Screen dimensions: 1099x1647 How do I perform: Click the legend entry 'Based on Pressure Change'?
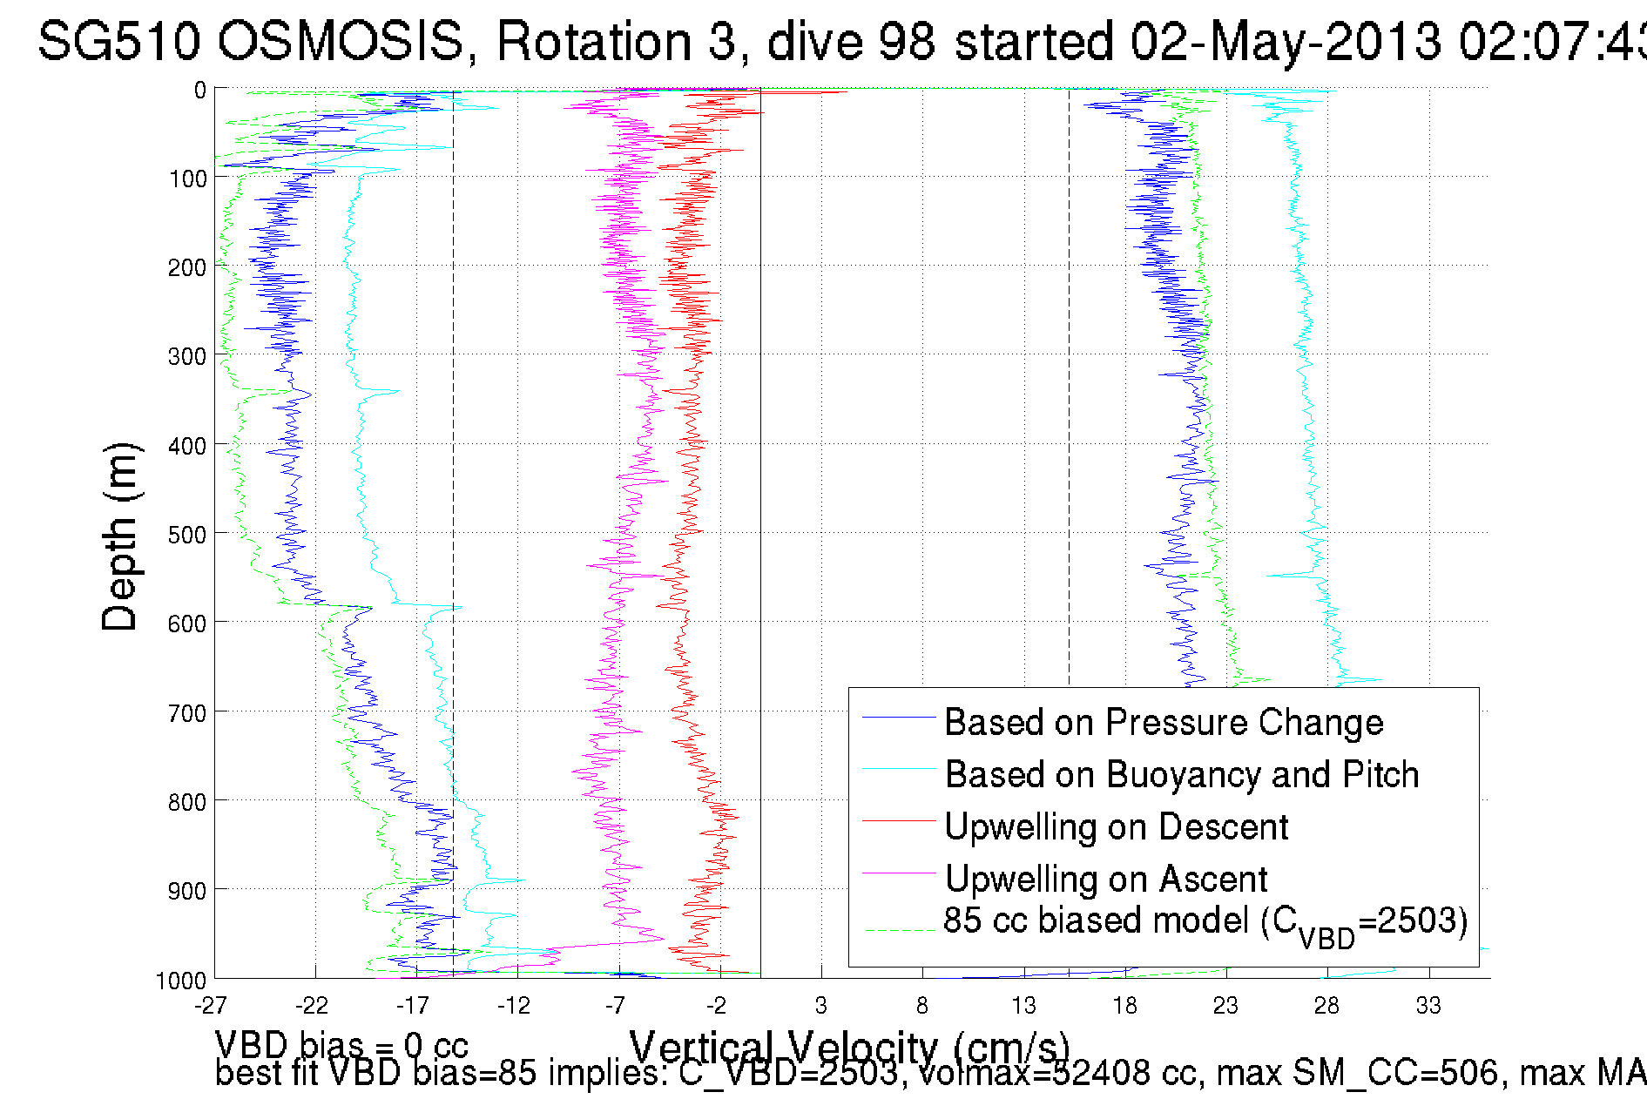1164,723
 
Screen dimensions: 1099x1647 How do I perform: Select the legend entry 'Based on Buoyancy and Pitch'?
1182,775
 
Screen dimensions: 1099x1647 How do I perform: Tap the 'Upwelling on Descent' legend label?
1116,827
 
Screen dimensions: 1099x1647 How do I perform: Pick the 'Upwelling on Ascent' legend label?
1106,880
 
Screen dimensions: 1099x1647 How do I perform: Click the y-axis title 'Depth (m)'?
120,537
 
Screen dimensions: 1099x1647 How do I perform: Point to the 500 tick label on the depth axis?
187,535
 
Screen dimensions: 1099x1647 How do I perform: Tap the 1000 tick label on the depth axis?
181,981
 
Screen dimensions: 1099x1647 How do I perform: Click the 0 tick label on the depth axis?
200,90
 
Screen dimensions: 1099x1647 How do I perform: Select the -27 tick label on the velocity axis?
212,1006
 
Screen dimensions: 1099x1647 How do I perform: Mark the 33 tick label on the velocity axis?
1428,1006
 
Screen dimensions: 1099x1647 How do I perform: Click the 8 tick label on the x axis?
922,1006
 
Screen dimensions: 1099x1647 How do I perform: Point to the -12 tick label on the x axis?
515,1006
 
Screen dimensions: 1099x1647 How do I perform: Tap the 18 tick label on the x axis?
1124,1006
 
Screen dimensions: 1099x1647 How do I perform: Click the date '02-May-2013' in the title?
1286,41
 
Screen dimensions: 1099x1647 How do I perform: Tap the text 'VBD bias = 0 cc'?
341,1045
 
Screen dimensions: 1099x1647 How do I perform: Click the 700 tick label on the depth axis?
187,713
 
